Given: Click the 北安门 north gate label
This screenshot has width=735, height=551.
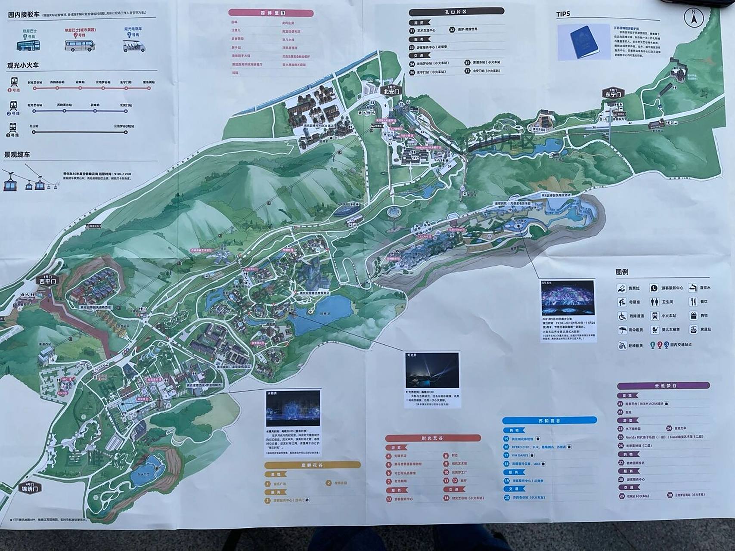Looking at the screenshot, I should (391, 92).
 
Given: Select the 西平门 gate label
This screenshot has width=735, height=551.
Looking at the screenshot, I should (48, 281).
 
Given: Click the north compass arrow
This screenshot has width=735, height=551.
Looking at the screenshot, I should (694, 19).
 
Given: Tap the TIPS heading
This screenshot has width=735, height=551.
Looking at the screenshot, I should (563, 14).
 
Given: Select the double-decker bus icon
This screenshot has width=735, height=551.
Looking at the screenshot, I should (28, 45).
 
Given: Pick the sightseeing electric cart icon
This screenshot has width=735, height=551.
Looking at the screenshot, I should (133, 45).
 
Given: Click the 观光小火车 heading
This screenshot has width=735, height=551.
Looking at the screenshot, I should (23, 65).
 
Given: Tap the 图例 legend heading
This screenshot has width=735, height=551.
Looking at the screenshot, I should (622, 272).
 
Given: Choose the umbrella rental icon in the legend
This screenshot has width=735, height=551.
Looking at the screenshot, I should (622, 330).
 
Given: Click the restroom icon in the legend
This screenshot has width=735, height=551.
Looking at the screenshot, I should (655, 302).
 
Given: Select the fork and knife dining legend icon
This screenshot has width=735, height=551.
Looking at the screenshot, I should (693, 302).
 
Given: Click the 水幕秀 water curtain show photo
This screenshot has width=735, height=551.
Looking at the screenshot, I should (293, 409).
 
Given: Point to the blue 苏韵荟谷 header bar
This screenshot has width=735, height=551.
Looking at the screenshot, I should (549, 420).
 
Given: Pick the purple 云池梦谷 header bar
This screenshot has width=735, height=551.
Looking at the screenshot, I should (663, 386).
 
